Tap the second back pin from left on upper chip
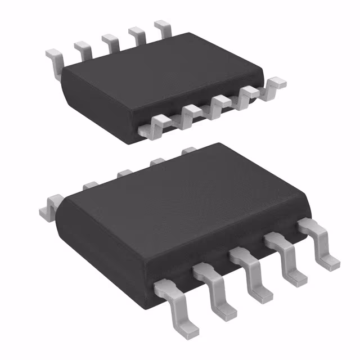click(83, 49)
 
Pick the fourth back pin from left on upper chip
click(136, 34)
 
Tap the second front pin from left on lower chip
click(213, 287)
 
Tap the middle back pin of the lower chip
click(122, 174)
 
